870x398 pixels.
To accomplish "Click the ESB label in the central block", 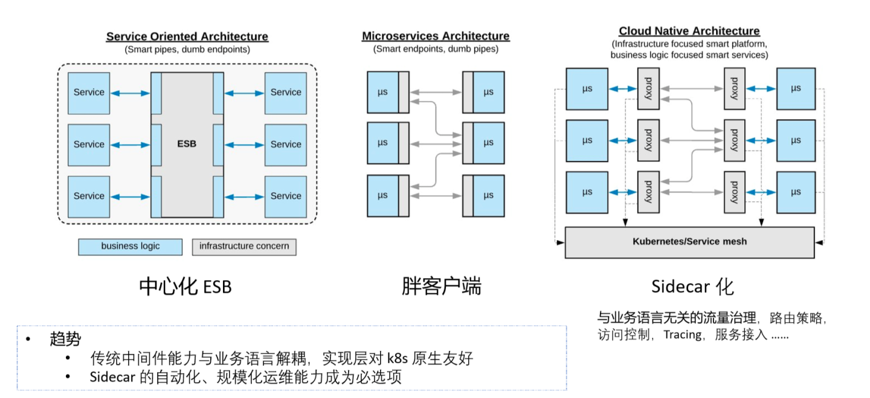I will click(x=187, y=144).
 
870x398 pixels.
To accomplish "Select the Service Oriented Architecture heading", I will click(x=187, y=36).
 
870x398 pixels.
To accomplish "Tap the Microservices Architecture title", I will click(x=436, y=36).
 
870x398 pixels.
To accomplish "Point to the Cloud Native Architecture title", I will click(x=689, y=31).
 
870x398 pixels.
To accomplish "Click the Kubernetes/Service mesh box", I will click(x=689, y=241).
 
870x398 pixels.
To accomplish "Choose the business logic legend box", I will click(x=130, y=246).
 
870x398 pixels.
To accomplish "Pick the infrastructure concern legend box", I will click(x=244, y=246).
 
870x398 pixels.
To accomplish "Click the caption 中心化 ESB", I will click(x=185, y=286).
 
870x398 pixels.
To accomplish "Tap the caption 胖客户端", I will click(x=442, y=286).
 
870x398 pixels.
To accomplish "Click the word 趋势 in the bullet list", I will click(x=65, y=339).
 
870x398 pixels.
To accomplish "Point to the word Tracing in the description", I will click(x=683, y=334).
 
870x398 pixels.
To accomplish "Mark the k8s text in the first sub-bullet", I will click(x=397, y=358).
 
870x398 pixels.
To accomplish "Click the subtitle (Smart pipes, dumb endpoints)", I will click(x=187, y=50).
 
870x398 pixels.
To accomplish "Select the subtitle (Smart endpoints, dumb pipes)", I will click(x=436, y=49).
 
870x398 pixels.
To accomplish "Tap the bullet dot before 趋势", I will click(x=28, y=339).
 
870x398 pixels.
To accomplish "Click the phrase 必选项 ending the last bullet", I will click(x=382, y=377).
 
